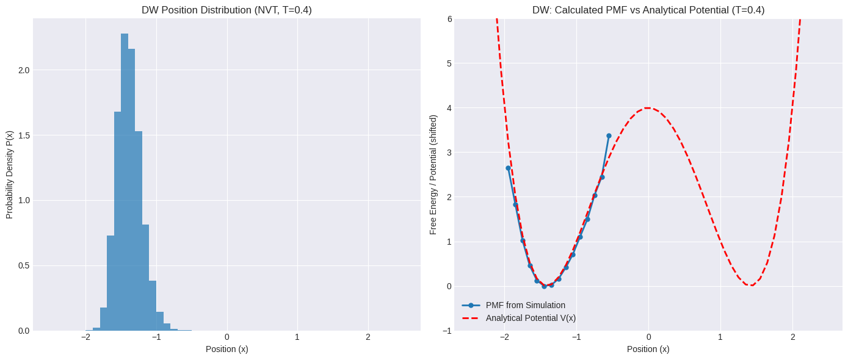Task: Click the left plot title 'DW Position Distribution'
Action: tap(226, 10)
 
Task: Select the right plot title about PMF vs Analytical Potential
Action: tap(648, 10)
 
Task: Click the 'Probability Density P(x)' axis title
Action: tap(10, 175)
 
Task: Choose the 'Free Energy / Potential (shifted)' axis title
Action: tap(433, 175)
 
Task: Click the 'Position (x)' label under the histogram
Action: tap(226, 349)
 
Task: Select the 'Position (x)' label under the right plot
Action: tap(648, 349)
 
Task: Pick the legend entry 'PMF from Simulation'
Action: tap(525, 305)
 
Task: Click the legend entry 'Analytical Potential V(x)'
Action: tap(531, 318)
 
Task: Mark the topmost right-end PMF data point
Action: tap(609, 135)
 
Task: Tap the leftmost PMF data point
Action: tap(508, 168)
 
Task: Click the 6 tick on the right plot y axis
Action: tap(449, 19)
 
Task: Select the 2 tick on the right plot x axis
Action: tap(792, 337)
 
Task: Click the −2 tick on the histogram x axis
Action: tap(85, 337)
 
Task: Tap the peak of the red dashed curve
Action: tap(648, 108)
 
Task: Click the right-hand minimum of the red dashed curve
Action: tap(751, 285)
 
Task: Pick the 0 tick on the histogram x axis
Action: tap(227, 337)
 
